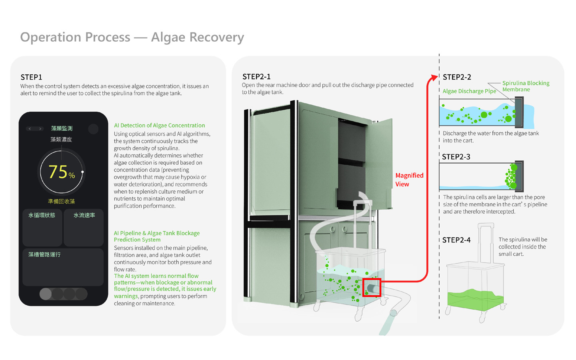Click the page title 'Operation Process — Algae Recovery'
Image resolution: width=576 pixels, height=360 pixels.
132,37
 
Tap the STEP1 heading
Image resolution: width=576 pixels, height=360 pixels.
31,77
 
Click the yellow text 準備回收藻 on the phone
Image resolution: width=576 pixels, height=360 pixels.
61,201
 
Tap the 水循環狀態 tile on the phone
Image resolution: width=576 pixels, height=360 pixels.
42,227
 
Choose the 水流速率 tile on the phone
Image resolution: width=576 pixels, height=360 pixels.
84,227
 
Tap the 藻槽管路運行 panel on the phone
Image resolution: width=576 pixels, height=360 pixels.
63,267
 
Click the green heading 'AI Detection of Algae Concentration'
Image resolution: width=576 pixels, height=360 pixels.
159,126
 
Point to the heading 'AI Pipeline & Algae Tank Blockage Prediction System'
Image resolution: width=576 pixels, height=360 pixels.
156,236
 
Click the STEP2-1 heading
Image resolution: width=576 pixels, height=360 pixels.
256,77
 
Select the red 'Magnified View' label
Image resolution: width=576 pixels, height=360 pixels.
409,180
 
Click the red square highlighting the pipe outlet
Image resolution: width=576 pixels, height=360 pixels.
372,288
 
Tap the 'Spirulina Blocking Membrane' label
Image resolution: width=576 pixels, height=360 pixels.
525,86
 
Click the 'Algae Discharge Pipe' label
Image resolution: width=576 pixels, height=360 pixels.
469,91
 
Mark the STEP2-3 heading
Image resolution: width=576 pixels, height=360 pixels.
456,157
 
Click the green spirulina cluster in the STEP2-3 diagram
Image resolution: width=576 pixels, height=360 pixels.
511,176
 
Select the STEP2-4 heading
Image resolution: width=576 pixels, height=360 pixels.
456,240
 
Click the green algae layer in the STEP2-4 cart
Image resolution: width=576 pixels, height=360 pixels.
474,300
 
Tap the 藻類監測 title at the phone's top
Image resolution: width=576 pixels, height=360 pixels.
62,128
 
